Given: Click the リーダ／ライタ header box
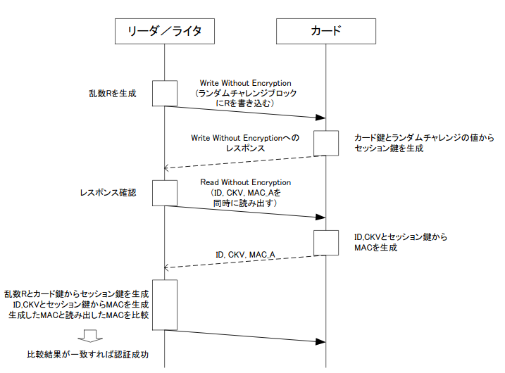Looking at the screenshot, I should coord(164,31).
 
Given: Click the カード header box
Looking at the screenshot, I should coord(327,31).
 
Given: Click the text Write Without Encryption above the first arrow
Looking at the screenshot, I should coord(245,83).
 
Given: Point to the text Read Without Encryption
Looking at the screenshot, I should coord(245,182).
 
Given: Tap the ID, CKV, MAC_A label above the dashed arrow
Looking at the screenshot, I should coord(245,254).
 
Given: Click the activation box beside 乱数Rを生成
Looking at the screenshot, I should coord(164,94).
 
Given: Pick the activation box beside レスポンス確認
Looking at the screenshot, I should coord(164,193).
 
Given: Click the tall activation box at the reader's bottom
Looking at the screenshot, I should coord(164,304).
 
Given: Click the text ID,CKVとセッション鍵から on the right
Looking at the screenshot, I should coord(400,238).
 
